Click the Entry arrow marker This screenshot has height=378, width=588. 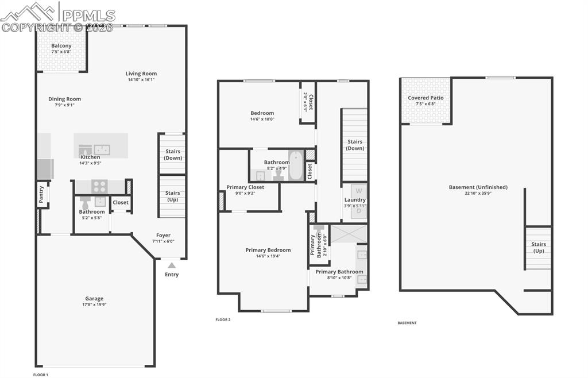tap(171, 265)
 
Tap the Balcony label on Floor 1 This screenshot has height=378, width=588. tap(61, 46)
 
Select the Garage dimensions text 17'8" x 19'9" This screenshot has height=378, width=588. tap(95, 304)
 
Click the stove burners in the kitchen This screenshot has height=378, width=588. tap(99, 186)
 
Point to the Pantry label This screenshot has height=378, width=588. tap(41, 194)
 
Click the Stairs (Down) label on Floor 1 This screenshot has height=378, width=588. tap(173, 155)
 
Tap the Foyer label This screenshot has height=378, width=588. tap(164, 235)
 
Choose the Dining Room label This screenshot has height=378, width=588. tap(64, 99)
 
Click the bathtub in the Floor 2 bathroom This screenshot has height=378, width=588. tap(296, 165)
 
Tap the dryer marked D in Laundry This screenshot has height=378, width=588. tap(359, 211)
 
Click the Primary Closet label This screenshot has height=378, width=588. tap(245, 187)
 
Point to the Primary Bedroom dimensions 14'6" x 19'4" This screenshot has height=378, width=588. tap(268, 256)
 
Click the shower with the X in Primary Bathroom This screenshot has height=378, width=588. tap(349, 234)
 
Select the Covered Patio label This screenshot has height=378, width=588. tap(425, 98)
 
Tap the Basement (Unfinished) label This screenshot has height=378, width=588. tap(478, 187)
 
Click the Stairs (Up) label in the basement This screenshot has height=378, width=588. tap(539, 248)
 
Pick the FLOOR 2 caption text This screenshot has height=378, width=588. tap(223, 319)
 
